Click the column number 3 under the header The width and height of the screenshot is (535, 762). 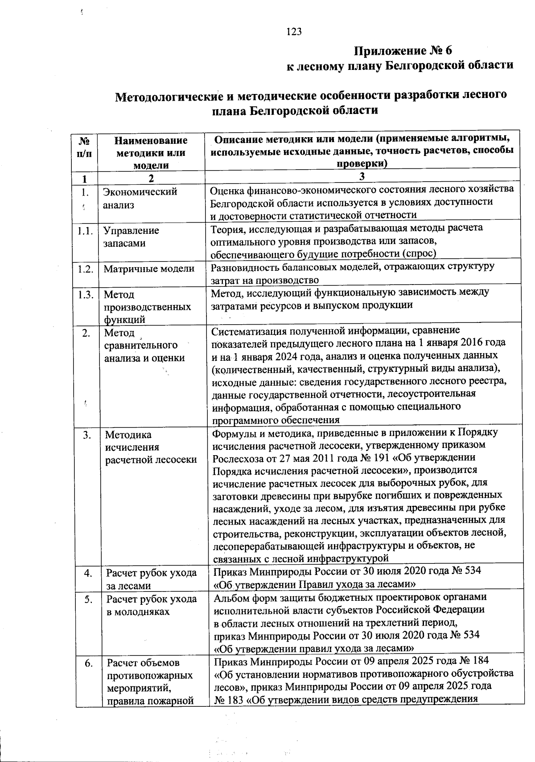[x=362, y=177]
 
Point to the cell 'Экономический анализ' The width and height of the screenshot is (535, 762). [x=140, y=198]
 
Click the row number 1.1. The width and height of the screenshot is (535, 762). [x=85, y=231]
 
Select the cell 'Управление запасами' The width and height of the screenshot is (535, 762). [x=131, y=237]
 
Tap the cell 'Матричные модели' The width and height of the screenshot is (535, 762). [x=149, y=269]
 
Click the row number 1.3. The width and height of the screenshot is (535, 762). [x=85, y=294]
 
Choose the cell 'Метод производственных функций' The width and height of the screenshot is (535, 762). [x=147, y=307]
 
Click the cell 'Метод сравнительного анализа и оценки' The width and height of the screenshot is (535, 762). [x=144, y=345]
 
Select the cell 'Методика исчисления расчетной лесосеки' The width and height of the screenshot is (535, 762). [x=151, y=447]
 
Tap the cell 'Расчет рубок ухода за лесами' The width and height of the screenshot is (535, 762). [x=151, y=579]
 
